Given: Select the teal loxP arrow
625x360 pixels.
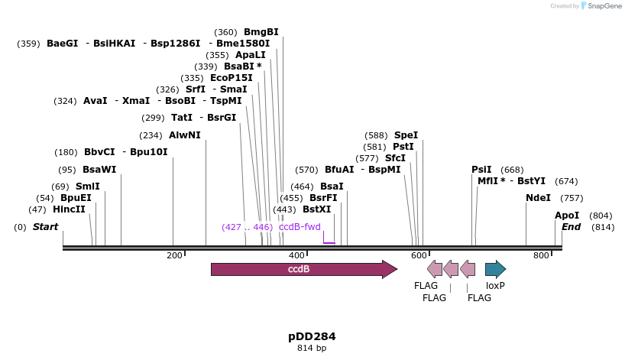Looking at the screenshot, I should point(495,269).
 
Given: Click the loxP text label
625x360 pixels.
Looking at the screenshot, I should point(495,285).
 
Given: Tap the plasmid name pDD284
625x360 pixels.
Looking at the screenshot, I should point(312,336).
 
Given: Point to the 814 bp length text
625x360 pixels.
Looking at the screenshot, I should point(312,349).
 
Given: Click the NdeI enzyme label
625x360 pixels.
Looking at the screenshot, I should point(538,198).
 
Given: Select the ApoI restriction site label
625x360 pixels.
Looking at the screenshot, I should point(567,216).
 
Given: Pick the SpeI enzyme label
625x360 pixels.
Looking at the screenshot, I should point(406,135).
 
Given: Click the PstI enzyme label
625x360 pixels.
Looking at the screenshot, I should point(403,147).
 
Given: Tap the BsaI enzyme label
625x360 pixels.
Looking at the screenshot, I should point(332,186).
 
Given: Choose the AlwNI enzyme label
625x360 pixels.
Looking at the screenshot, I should point(185,135).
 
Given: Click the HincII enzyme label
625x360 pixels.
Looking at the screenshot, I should point(69,209).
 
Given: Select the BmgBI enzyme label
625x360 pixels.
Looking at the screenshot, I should point(261,32).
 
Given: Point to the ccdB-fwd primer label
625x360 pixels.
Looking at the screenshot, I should point(300,227).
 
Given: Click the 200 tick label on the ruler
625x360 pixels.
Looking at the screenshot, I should point(173,255).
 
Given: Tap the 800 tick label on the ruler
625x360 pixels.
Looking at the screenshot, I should point(541,255).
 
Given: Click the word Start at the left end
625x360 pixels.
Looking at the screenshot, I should point(45,227).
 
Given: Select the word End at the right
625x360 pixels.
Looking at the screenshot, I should point(571,227).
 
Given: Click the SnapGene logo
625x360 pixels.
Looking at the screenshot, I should point(601,6).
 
